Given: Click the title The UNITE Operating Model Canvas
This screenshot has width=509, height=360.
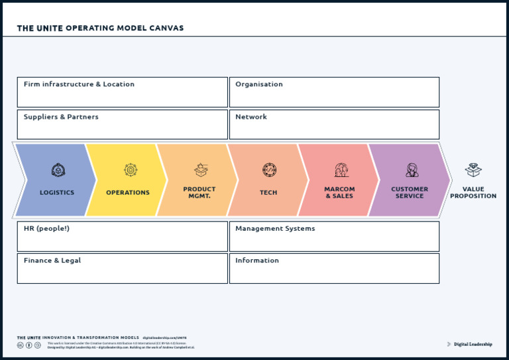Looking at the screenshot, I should point(100,29).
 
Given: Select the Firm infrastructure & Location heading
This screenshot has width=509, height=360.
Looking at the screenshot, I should point(79,85).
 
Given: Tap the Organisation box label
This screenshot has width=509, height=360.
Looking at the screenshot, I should point(259,85).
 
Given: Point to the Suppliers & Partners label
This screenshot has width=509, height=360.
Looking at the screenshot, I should point(61,117).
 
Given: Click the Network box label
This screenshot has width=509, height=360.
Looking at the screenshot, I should point(251,117).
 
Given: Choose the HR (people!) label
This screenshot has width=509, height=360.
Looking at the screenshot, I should point(46,229).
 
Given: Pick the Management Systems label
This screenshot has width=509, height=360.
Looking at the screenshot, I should point(275,229).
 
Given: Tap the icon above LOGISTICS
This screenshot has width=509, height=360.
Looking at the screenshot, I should point(58,170).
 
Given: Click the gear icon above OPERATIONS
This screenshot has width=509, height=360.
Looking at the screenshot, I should point(131,170).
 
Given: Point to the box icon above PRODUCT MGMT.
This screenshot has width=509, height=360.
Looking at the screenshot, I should point(201,170).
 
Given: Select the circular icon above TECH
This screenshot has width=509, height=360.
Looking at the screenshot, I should point(269,170).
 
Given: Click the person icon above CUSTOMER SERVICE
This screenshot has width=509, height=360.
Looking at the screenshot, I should point(412,170).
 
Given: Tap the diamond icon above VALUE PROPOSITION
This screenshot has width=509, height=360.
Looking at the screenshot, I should point(473,170).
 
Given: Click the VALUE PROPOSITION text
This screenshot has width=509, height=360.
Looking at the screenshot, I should point(473,192).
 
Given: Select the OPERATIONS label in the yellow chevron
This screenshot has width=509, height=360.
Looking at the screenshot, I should point(128,193).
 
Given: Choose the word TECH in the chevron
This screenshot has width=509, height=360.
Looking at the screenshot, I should point(268,193).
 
